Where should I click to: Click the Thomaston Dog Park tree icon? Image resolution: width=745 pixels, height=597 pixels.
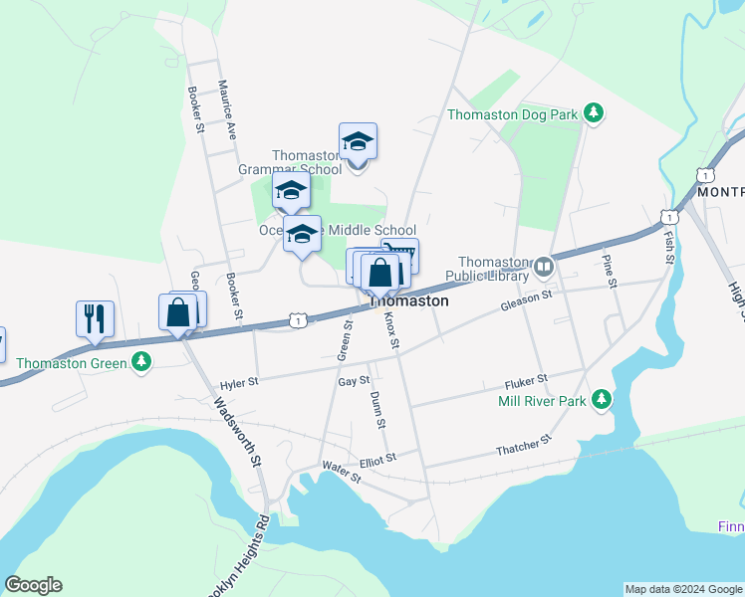pos(594,113)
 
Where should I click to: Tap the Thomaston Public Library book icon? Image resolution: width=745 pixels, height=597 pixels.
pos(544,266)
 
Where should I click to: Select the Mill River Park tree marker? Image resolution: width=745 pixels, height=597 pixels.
pos(601,400)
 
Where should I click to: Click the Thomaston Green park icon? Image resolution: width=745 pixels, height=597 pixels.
pos(142,361)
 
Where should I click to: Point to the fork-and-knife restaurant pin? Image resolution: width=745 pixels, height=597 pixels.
pos(95,319)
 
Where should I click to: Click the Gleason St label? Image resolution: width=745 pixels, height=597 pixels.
pos(526,297)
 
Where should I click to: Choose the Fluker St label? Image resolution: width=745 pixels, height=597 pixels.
pos(527,379)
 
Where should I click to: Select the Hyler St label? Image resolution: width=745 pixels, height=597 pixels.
pos(238,381)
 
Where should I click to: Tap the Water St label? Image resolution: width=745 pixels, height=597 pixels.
pos(341,471)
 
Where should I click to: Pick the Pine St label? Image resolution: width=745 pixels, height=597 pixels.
pos(609,270)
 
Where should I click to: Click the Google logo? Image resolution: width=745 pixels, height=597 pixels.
pos(33,585)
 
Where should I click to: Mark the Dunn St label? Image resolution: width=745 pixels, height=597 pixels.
pos(378,410)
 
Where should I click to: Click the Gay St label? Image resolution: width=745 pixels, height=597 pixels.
pos(354,381)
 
